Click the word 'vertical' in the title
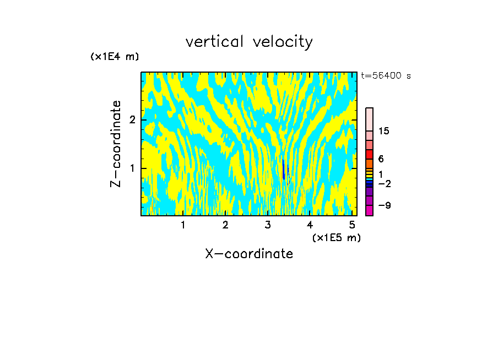pyautogui.click(x=212, y=42)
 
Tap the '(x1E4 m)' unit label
pyautogui.click(x=115, y=57)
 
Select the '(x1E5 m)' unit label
pyautogui.click(x=336, y=237)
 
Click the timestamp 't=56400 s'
pyautogui.click(x=386, y=76)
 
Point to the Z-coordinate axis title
pyautogui.click(x=116, y=144)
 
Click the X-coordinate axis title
pyautogui.click(x=249, y=254)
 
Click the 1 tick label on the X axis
pyautogui.click(x=183, y=225)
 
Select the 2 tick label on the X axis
pyautogui.click(x=225, y=225)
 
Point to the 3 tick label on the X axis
pyautogui.click(x=268, y=225)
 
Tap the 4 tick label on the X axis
pyautogui.click(x=310, y=225)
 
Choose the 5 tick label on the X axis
pyautogui.click(x=352, y=225)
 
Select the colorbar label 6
pyautogui.click(x=381, y=159)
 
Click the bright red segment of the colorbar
pyautogui.click(x=369, y=155)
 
